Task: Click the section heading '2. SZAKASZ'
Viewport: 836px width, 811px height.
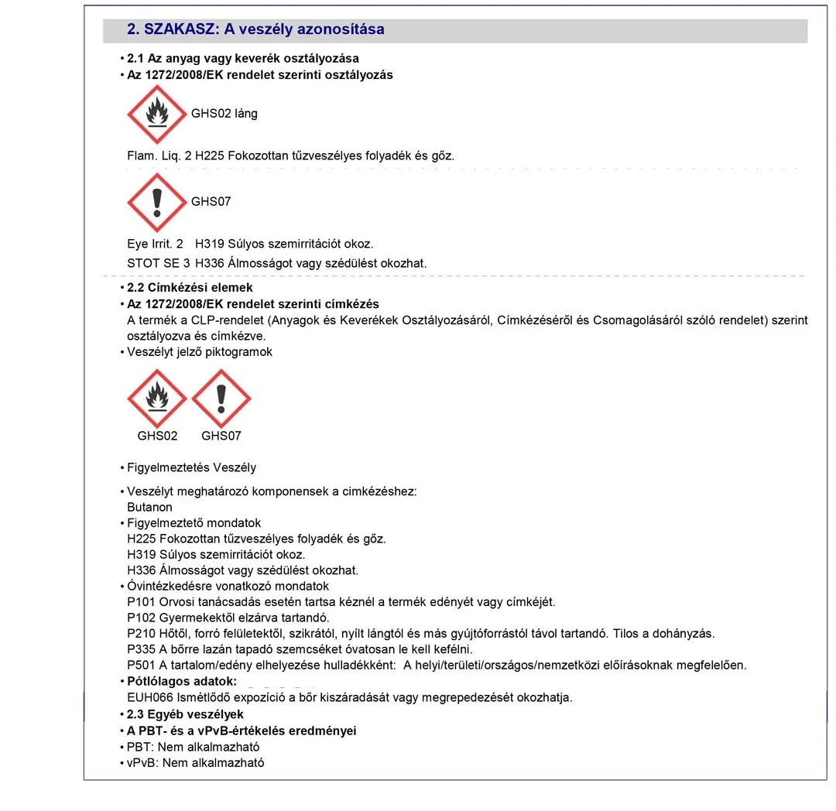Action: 255,29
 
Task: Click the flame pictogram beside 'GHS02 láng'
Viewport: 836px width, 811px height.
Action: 157,114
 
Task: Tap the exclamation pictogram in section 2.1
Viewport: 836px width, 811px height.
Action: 157,202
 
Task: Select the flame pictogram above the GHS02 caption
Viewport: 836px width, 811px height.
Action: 157,399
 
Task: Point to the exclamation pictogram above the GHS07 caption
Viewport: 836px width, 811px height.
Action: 221,399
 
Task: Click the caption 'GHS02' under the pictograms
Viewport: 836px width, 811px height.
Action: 157,436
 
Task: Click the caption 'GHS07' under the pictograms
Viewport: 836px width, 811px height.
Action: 221,436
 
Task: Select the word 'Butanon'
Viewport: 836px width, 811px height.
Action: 149,508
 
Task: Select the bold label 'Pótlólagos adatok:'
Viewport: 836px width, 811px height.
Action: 182,682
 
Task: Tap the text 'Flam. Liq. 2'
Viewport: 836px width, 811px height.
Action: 159,156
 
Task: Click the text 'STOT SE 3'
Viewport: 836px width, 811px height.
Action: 158,263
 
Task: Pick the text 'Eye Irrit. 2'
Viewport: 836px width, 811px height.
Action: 155,244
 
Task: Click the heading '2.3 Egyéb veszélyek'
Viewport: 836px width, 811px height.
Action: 185,714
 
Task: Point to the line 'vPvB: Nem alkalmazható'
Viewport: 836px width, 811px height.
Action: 196,762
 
